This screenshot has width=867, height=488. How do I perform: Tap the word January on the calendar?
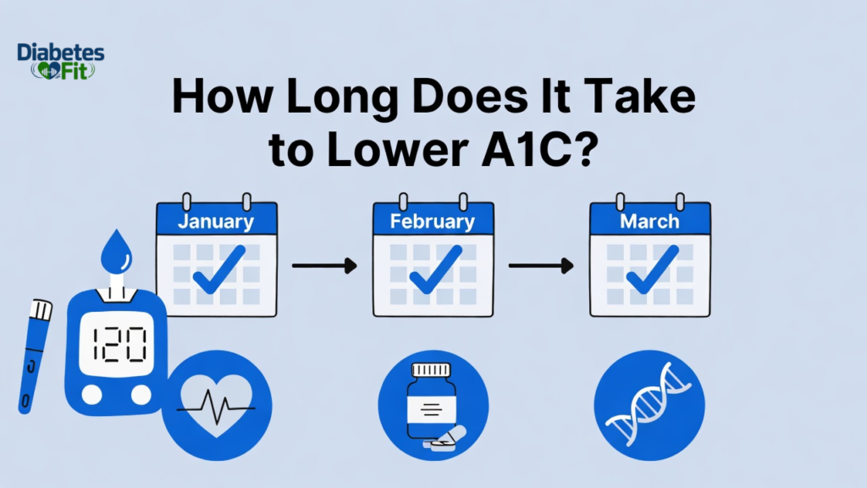pos(216,222)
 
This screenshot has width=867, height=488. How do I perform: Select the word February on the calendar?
pos(433,222)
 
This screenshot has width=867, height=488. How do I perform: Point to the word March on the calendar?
pos(649,222)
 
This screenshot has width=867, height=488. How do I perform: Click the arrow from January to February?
pos(324,267)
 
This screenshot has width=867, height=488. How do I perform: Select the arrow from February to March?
pos(541,267)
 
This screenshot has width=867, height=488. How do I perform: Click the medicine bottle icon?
pos(433,401)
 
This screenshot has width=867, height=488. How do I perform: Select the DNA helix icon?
pos(649,401)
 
